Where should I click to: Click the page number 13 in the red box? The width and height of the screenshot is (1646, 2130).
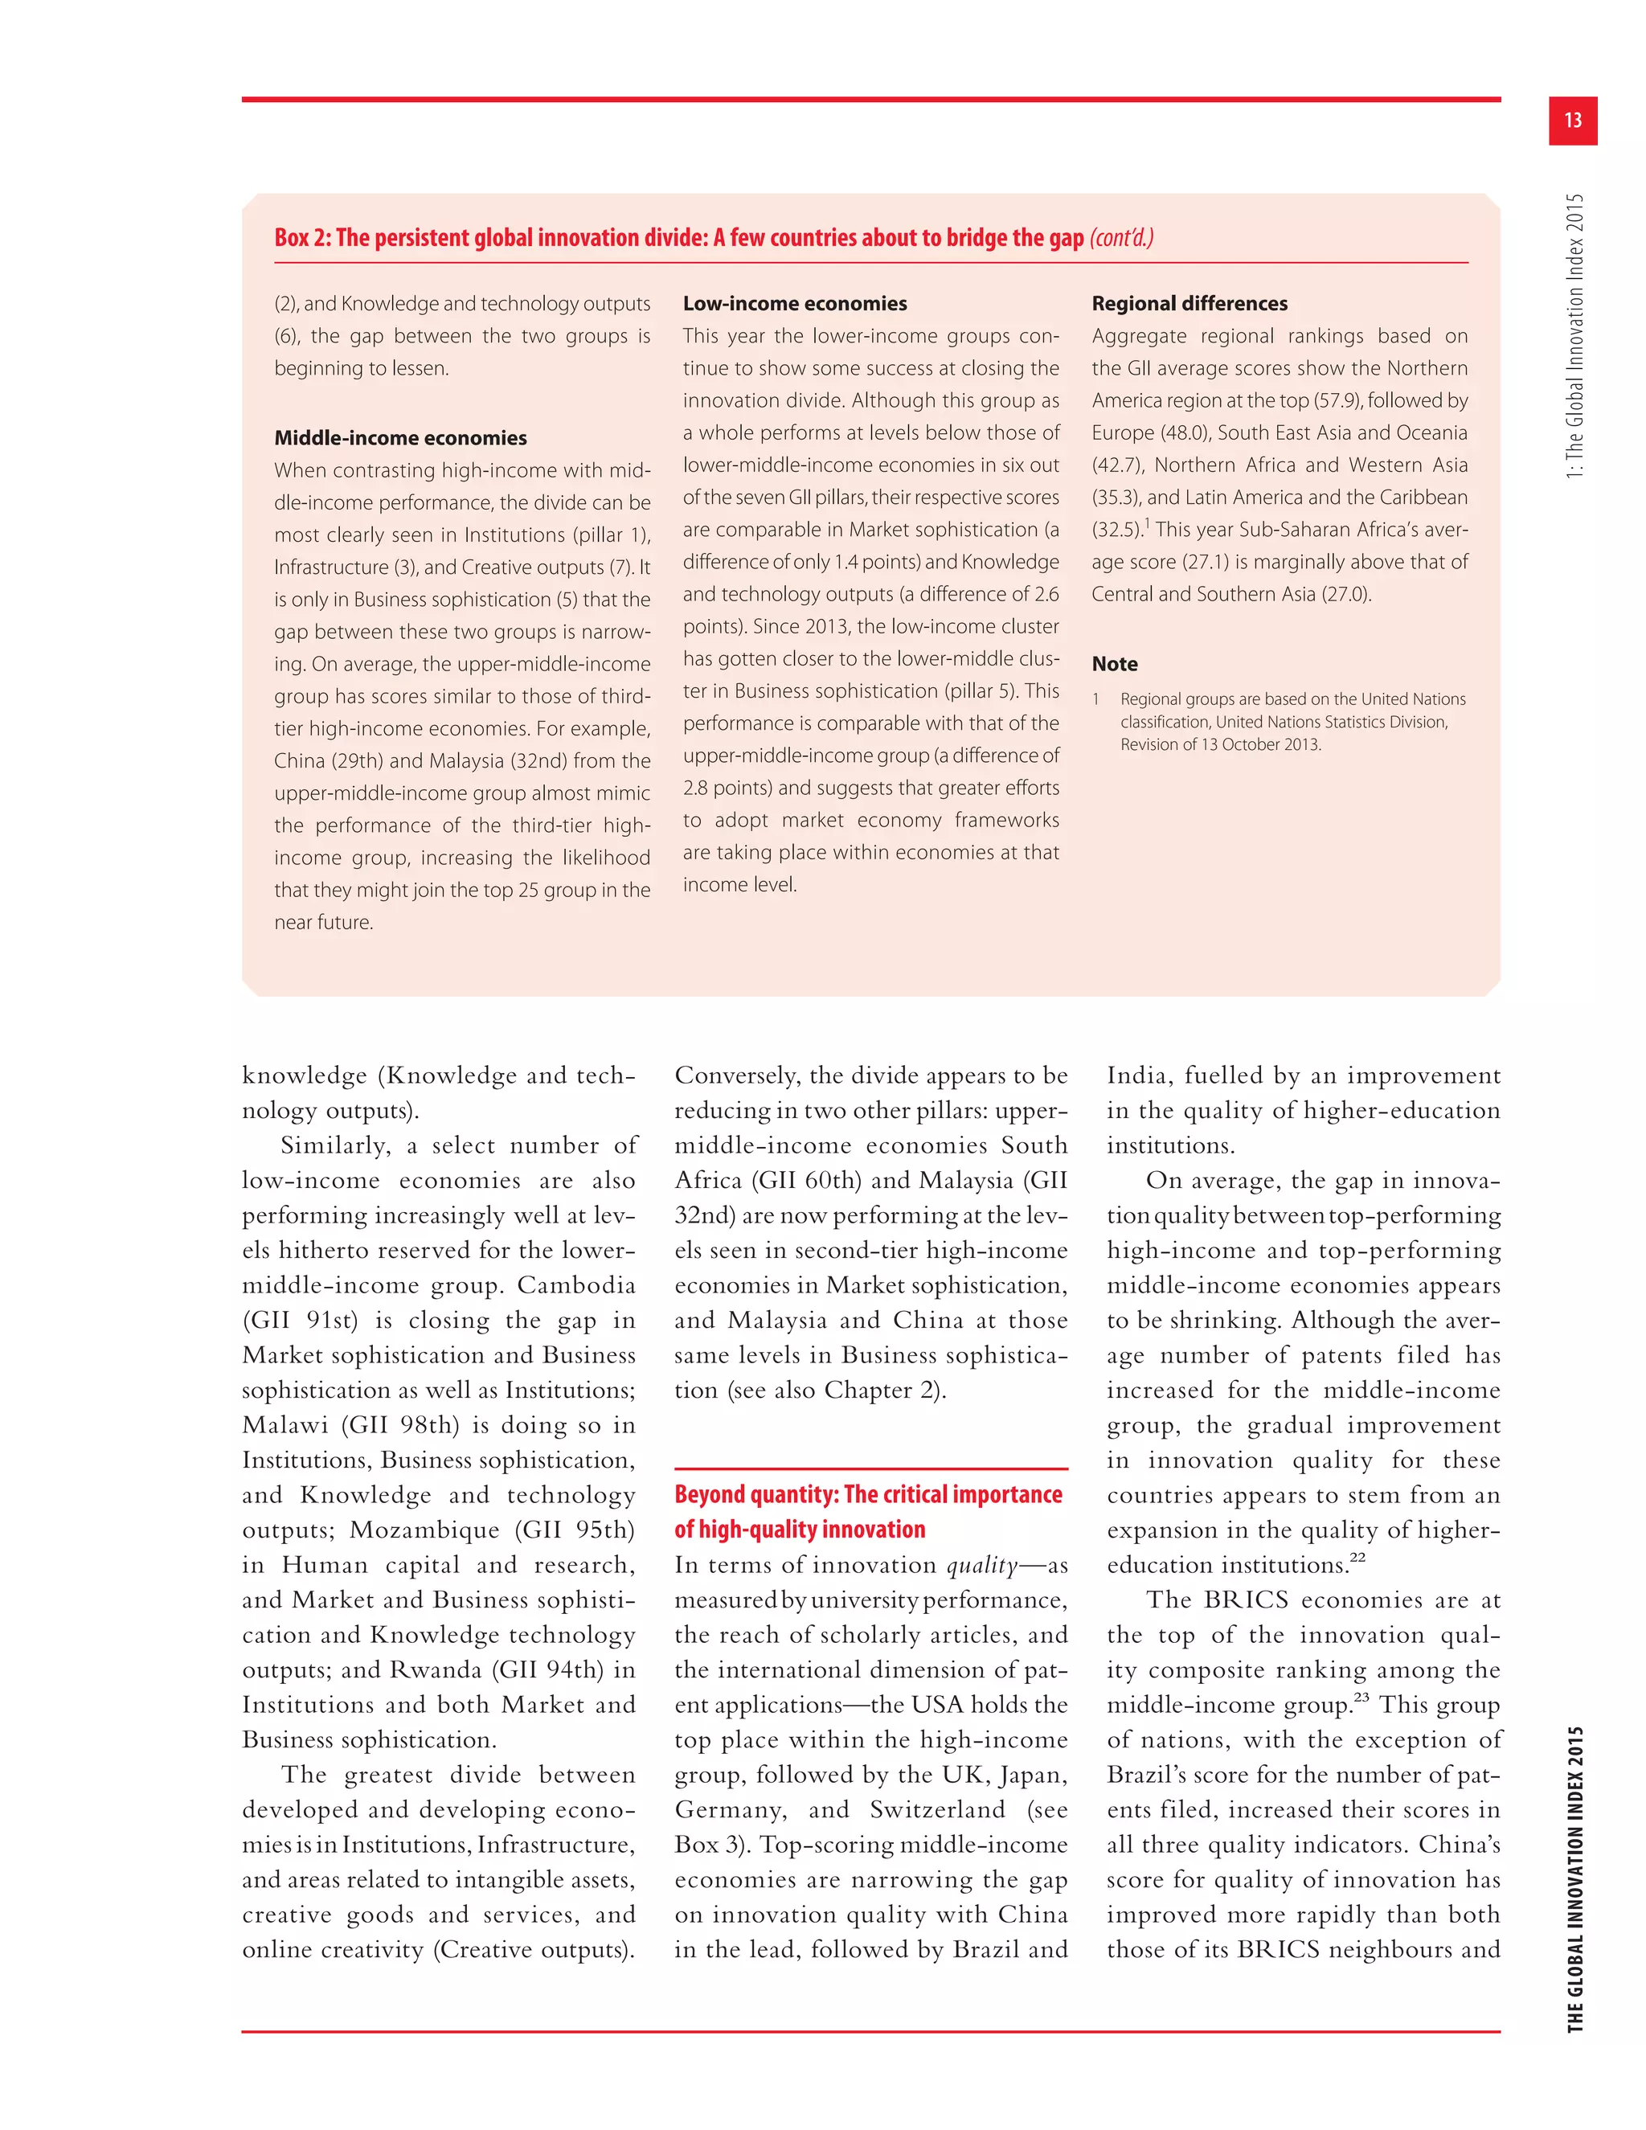point(1572,120)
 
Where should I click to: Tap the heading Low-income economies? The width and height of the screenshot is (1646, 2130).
point(795,303)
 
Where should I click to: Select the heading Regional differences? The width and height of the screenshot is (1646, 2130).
point(1189,303)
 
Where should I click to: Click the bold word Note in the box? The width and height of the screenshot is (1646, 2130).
point(1115,664)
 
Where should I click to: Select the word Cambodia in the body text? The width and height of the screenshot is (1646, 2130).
point(575,1284)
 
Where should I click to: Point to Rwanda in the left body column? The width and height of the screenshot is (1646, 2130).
point(435,1669)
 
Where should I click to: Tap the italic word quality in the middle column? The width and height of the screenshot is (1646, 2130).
point(982,1564)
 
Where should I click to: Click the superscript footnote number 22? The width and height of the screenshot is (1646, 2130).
point(1357,1559)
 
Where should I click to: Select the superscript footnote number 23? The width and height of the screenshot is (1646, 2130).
point(1361,1698)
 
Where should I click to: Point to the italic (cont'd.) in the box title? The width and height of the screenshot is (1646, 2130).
point(1121,238)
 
